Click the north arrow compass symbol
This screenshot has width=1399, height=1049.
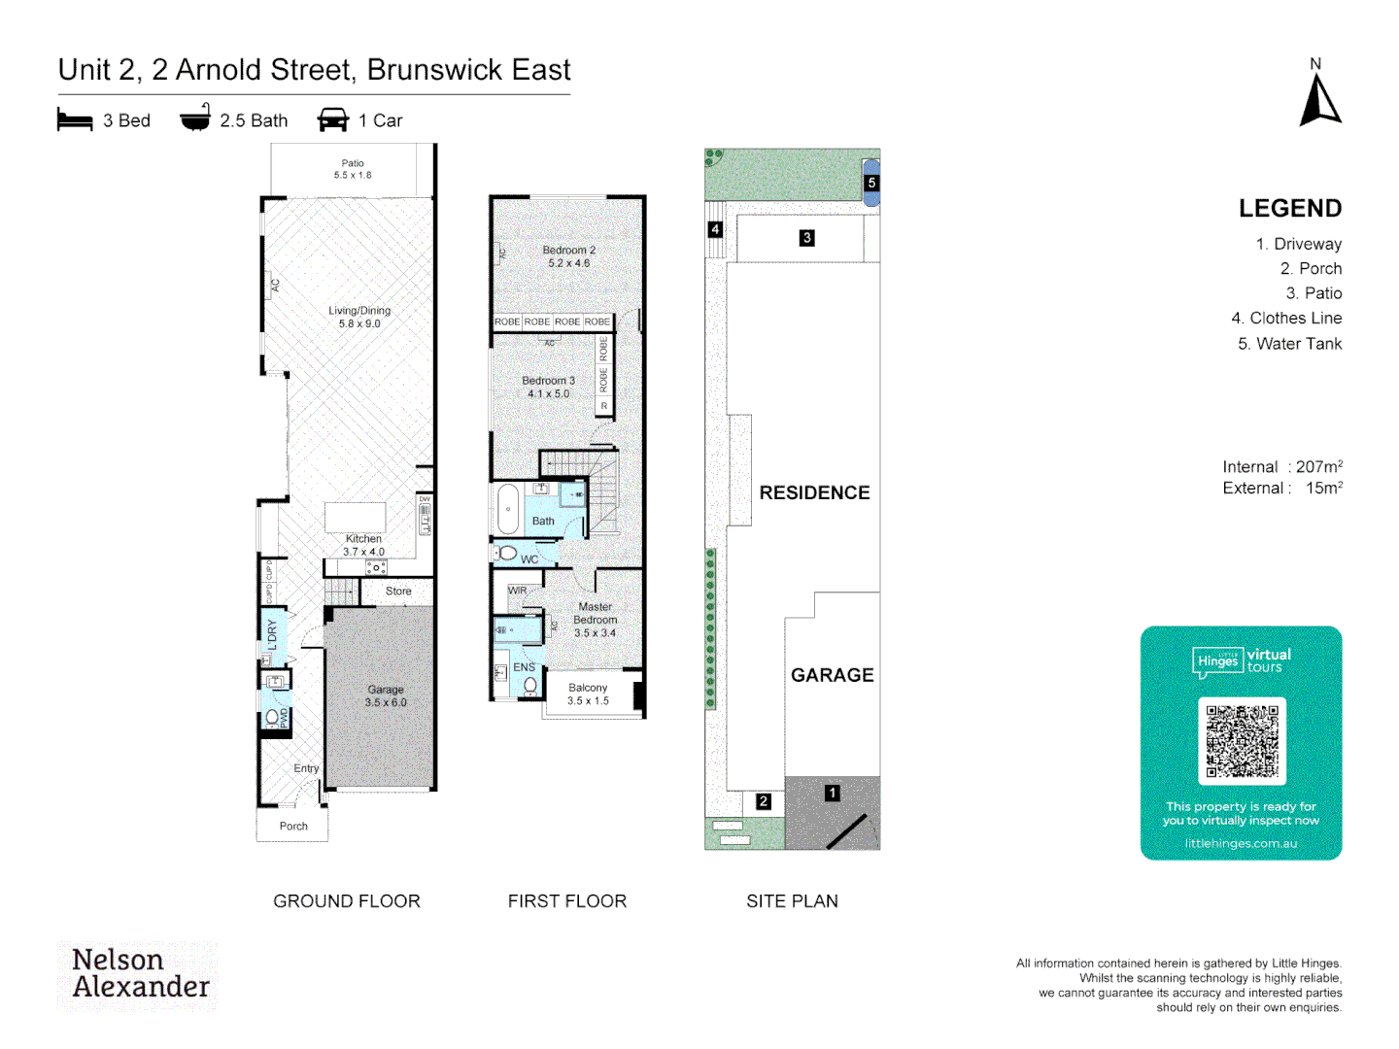[x=1319, y=100]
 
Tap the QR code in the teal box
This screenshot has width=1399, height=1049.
[x=1242, y=740]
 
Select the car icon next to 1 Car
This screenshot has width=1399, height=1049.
[x=333, y=120]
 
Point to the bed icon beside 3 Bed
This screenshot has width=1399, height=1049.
[x=75, y=120]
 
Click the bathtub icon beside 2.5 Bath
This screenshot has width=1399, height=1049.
[x=195, y=118]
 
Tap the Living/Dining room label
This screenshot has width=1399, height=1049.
[x=359, y=317]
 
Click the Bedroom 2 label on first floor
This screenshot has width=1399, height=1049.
[x=568, y=256]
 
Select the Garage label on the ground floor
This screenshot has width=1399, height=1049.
[x=386, y=695]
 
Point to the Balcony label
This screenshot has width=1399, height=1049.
[x=588, y=694]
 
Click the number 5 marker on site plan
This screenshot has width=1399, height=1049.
[x=871, y=183]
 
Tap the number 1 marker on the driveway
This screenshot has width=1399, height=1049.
[x=832, y=793]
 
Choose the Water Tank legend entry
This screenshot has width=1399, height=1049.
[x=1289, y=344]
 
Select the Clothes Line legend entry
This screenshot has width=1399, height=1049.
[x=1286, y=319]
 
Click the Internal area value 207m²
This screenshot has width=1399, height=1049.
[x=1318, y=467]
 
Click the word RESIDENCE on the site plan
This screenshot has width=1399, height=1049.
[x=814, y=493]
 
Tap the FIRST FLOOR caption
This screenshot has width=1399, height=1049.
[x=567, y=901]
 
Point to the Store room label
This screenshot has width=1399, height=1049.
[x=398, y=591]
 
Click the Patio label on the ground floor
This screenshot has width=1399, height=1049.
[x=353, y=169]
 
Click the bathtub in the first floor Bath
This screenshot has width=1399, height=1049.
[x=508, y=509]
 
